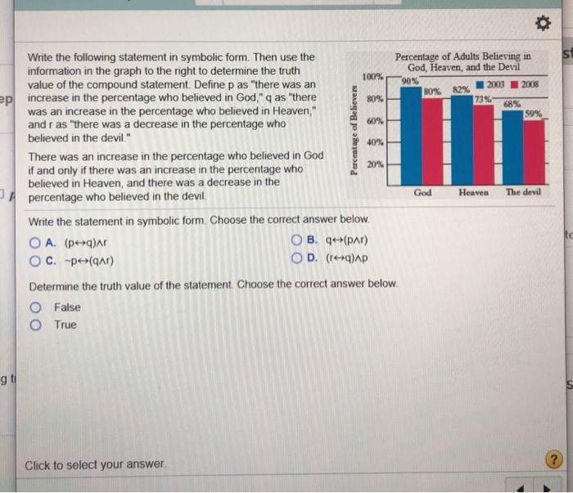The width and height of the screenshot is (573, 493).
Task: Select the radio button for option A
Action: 34,242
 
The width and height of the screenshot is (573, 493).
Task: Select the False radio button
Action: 36,307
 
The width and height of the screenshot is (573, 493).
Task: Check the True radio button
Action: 36,325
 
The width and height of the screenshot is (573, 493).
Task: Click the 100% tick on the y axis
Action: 372,78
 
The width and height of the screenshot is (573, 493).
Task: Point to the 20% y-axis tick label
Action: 374,164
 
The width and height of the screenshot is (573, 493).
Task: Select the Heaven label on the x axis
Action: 473,192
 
